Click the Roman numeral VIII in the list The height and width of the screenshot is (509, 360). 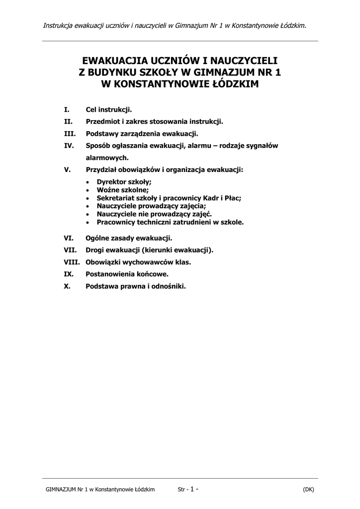pyautogui.click(x=72, y=261)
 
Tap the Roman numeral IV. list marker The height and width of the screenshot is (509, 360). pyautogui.click(x=69, y=146)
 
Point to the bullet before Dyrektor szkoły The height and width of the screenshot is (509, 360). pyautogui.click(x=88, y=182)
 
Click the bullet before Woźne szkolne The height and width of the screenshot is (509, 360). pyautogui.click(x=88, y=190)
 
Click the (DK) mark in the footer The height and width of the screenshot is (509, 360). pyautogui.click(x=308, y=489)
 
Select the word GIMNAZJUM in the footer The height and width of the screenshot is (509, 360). pyautogui.click(x=60, y=489)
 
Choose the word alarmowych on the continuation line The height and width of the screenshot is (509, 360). pyautogui.click(x=107, y=158)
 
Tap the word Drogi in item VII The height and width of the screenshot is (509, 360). pyautogui.click(x=95, y=250)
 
